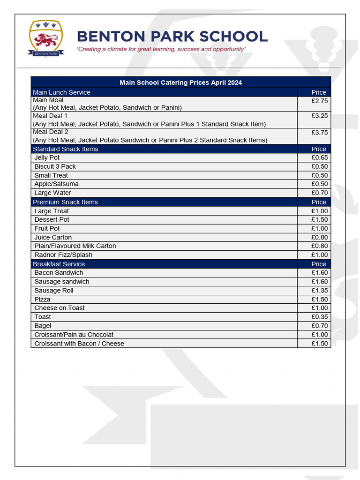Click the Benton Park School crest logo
coord(45,38)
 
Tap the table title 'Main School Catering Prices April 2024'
coord(180,82)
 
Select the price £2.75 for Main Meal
coord(319,101)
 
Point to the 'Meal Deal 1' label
coord(50,116)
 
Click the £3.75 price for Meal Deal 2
coord(319,133)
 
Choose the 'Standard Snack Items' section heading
coord(66,149)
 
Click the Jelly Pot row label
coord(47,158)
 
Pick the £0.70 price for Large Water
coord(319,193)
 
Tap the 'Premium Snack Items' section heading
coord(65,202)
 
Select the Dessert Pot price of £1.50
coord(319,220)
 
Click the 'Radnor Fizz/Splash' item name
coord(63,255)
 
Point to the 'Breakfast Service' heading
coord(59,264)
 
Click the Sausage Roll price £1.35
coord(319,291)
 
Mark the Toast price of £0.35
coord(319,317)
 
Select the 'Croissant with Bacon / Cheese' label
coord(79,344)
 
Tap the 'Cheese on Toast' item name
coord(60,308)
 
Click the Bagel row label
coord(43,326)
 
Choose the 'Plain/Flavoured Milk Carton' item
coord(75,246)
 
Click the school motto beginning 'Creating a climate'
coord(161,49)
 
